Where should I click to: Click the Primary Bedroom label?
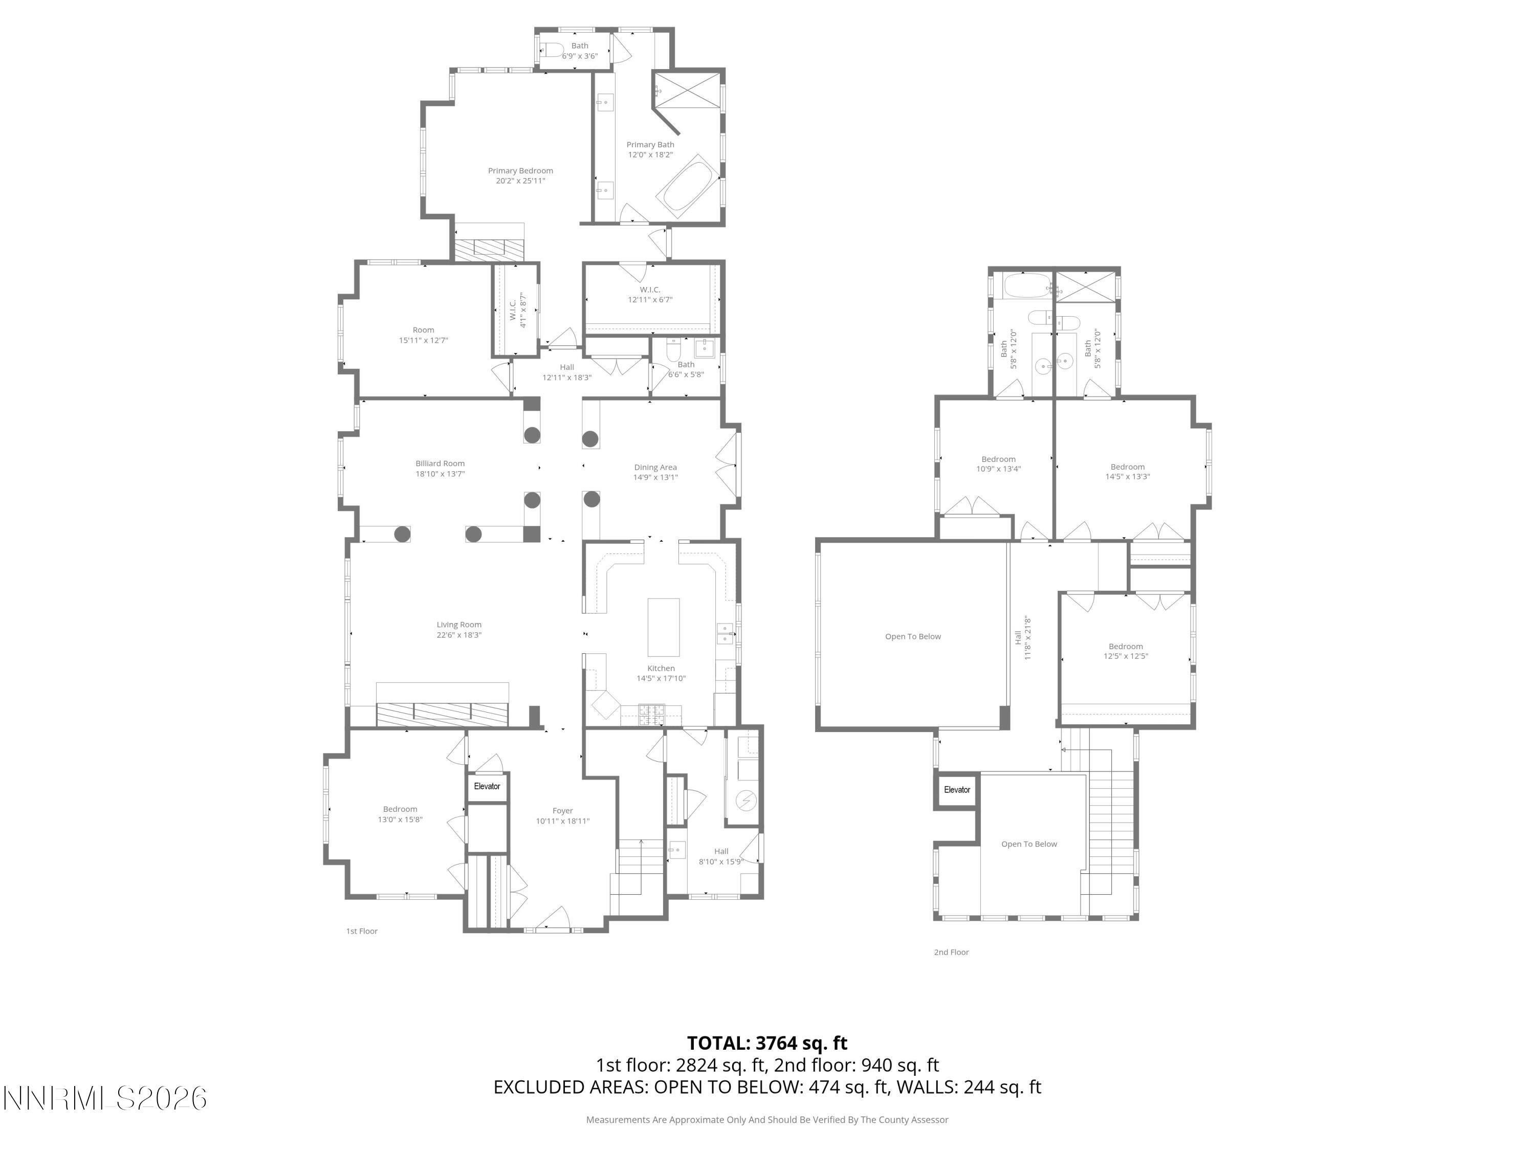[520, 171]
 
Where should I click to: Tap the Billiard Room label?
[440, 463]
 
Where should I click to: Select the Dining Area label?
[655, 468]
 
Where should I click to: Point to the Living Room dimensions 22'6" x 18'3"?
[458, 635]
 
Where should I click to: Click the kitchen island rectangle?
[664, 627]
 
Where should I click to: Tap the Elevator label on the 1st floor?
[487, 786]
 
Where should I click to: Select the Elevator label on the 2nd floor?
[957, 789]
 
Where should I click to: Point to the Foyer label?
[563, 810]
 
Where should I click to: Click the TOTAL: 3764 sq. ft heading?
[767, 1043]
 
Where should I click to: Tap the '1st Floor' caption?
[362, 931]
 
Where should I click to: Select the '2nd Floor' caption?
[951, 952]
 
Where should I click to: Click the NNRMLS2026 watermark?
[105, 1098]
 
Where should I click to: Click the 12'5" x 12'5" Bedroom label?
[1126, 651]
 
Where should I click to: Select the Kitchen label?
[661, 668]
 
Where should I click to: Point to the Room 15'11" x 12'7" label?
[423, 335]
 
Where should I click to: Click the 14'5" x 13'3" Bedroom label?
[1127, 472]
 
